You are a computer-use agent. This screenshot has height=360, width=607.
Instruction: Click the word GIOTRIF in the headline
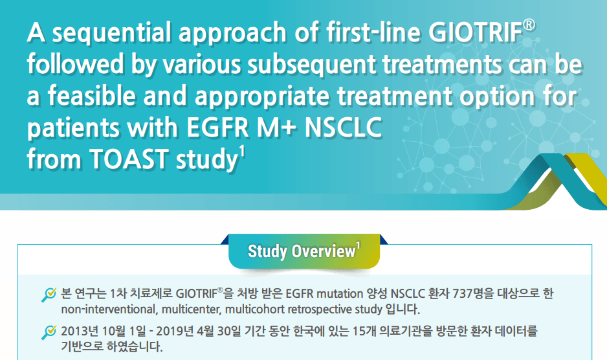476,32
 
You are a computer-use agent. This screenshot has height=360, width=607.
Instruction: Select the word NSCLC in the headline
344,127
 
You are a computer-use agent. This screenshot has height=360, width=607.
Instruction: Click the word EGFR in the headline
217,127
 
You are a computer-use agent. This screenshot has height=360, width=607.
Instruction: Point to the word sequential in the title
111,32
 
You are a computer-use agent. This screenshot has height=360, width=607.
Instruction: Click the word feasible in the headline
91,95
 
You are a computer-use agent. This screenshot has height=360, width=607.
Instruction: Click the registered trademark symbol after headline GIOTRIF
529,25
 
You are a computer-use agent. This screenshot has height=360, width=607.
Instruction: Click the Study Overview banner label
302,251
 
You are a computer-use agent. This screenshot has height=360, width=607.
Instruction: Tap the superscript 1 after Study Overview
359,246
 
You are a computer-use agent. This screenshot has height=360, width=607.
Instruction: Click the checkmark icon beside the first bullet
49,295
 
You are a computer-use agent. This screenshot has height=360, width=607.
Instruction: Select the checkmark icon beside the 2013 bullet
49,332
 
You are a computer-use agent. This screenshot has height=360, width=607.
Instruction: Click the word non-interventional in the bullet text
109,309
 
